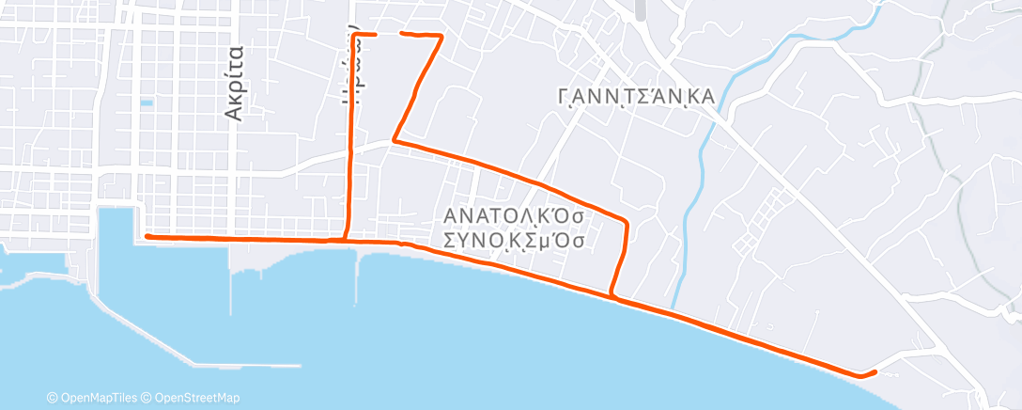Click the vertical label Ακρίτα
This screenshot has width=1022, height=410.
click(x=235, y=83)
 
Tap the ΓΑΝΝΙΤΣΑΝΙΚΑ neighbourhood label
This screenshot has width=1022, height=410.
click(x=636, y=97)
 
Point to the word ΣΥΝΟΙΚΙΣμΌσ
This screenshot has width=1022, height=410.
click(x=515, y=240)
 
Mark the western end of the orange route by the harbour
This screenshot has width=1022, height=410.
click(x=147, y=237)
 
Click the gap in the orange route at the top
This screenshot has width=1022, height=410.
click(x=389, y=34)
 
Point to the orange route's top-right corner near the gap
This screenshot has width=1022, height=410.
click(x=441, y=36)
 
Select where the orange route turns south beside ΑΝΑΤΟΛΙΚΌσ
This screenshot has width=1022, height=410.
click(x=625, y=220)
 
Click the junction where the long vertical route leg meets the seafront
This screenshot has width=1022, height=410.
click(x=346, y=241)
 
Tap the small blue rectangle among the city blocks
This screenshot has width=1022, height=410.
click(x=146, y=102)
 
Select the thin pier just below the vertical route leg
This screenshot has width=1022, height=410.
click(x=357, y=273)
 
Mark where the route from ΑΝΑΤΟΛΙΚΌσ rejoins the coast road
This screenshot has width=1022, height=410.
click(x=612, y=296)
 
